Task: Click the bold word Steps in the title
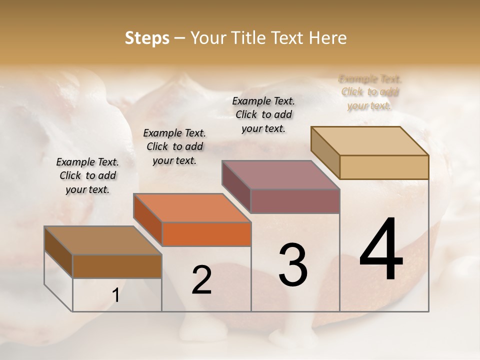tap(147, 38)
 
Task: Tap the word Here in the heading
tap(325, 38)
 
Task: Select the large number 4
tap(381, 250)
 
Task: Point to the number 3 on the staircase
tap(292, 265)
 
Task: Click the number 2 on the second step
tap(201, 280)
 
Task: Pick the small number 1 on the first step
tap(116, 295)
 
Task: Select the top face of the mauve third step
tap(280, 175)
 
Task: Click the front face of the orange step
tap(206, 234)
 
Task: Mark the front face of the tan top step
tap(384, 167)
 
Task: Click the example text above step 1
tap(87, 175)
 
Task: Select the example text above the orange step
tap(174, 146)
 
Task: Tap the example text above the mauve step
tap(263, 114)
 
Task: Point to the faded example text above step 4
tap(370, 92)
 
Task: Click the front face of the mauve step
tap(295, 201)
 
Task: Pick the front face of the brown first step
tap(117, 266)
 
